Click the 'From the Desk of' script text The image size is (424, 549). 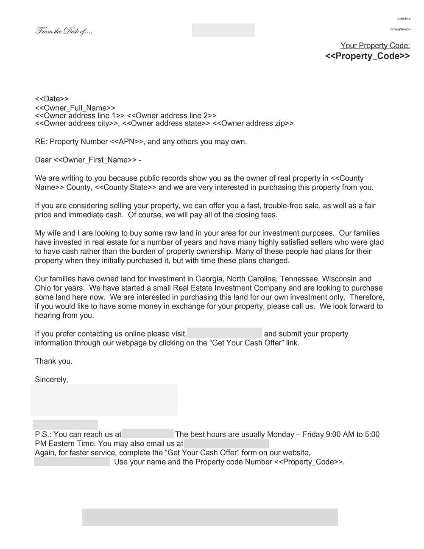(64, 31)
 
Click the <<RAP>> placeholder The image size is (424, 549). (404, 19)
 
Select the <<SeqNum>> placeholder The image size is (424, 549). (400, 29)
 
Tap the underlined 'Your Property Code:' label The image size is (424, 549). (375, 46)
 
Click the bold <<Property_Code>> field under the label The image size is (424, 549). (367, 56)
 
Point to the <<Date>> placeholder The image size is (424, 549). (52, 99)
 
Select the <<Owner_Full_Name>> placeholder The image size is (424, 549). (75, 108)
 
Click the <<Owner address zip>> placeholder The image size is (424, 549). (253, 123)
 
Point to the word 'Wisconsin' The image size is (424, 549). (340, 279)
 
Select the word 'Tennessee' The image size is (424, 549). (297, 279)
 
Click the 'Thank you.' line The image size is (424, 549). (53, 361)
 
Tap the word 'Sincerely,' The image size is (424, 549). (51, 380)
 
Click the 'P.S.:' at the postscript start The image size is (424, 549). (43, 434)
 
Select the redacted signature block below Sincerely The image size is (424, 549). (104, 400)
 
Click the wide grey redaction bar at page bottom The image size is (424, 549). (210, 517)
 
